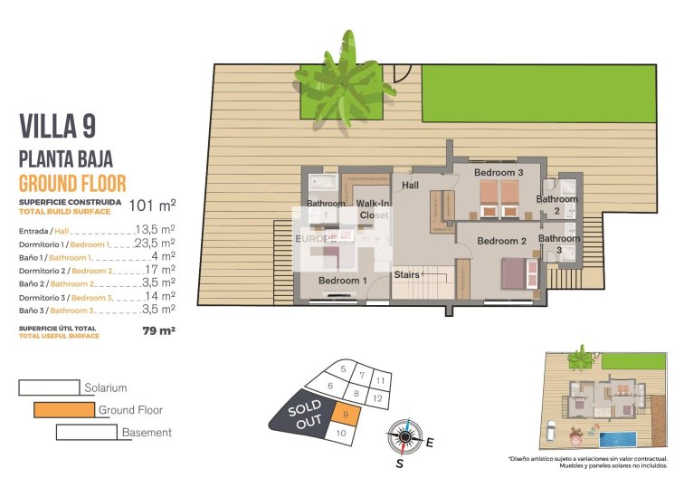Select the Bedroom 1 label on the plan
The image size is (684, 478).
342,281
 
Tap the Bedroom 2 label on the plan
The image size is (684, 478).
501,241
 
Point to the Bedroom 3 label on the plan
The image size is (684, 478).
499,172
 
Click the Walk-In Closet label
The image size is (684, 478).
373,210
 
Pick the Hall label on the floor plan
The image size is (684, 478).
411,185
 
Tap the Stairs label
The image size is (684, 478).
406,273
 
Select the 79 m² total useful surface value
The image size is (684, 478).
158,330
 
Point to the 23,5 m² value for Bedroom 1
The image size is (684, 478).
154,243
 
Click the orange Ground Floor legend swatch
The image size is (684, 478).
63,410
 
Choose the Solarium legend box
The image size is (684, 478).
49,387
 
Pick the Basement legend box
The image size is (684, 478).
86,433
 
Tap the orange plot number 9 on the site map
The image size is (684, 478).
347,414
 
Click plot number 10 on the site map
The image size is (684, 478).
340,435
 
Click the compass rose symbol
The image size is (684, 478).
404,438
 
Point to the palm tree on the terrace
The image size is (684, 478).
345,80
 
